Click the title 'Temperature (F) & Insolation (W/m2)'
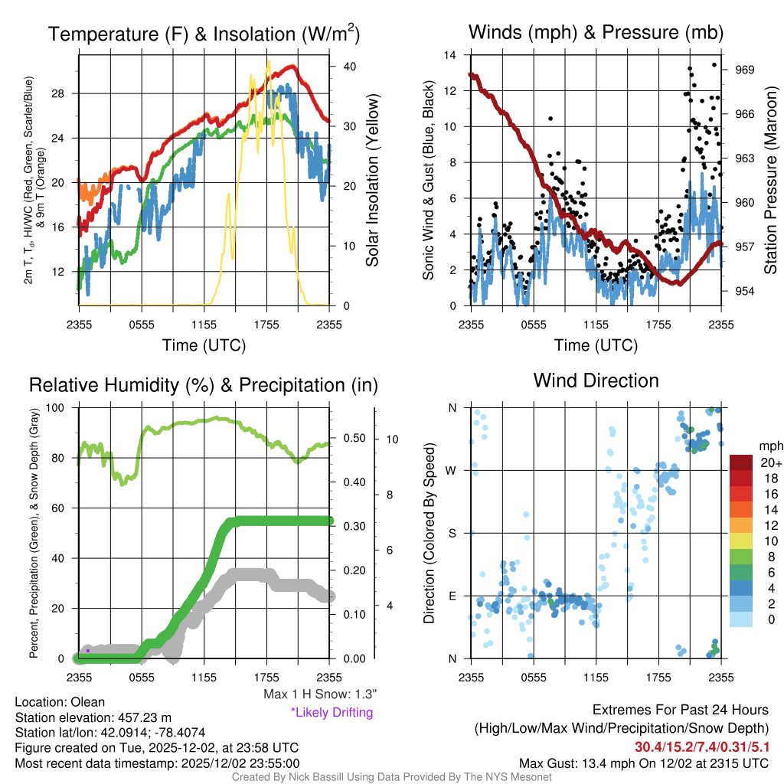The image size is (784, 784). [204, 34]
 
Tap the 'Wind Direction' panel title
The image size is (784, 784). [596, 381]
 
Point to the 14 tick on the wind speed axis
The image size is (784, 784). [450, 55]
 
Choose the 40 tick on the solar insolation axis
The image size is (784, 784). [349, 67]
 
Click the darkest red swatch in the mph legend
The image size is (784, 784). [741, 462]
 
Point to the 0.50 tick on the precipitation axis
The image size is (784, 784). [354, 439]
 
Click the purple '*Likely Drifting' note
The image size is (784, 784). [332, 712]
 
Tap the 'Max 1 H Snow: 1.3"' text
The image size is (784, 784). [319, 694]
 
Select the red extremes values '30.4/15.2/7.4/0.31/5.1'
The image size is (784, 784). [701, 746]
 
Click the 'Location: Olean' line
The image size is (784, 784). [60, 701]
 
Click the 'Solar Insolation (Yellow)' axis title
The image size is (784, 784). [373, 181]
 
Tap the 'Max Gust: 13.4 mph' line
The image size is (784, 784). [643, 763]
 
